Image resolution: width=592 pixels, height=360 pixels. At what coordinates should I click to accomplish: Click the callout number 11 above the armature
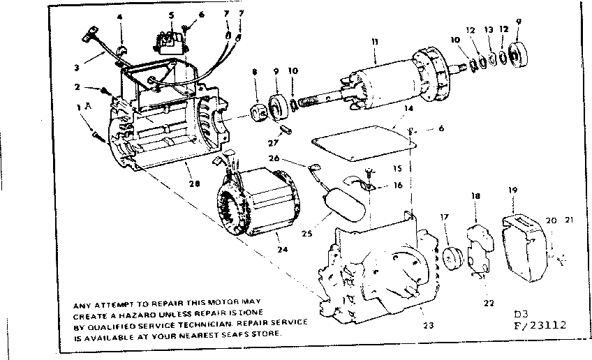click(x=375, y=43)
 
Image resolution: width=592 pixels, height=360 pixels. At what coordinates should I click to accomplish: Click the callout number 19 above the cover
click(x=512, y=190)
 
